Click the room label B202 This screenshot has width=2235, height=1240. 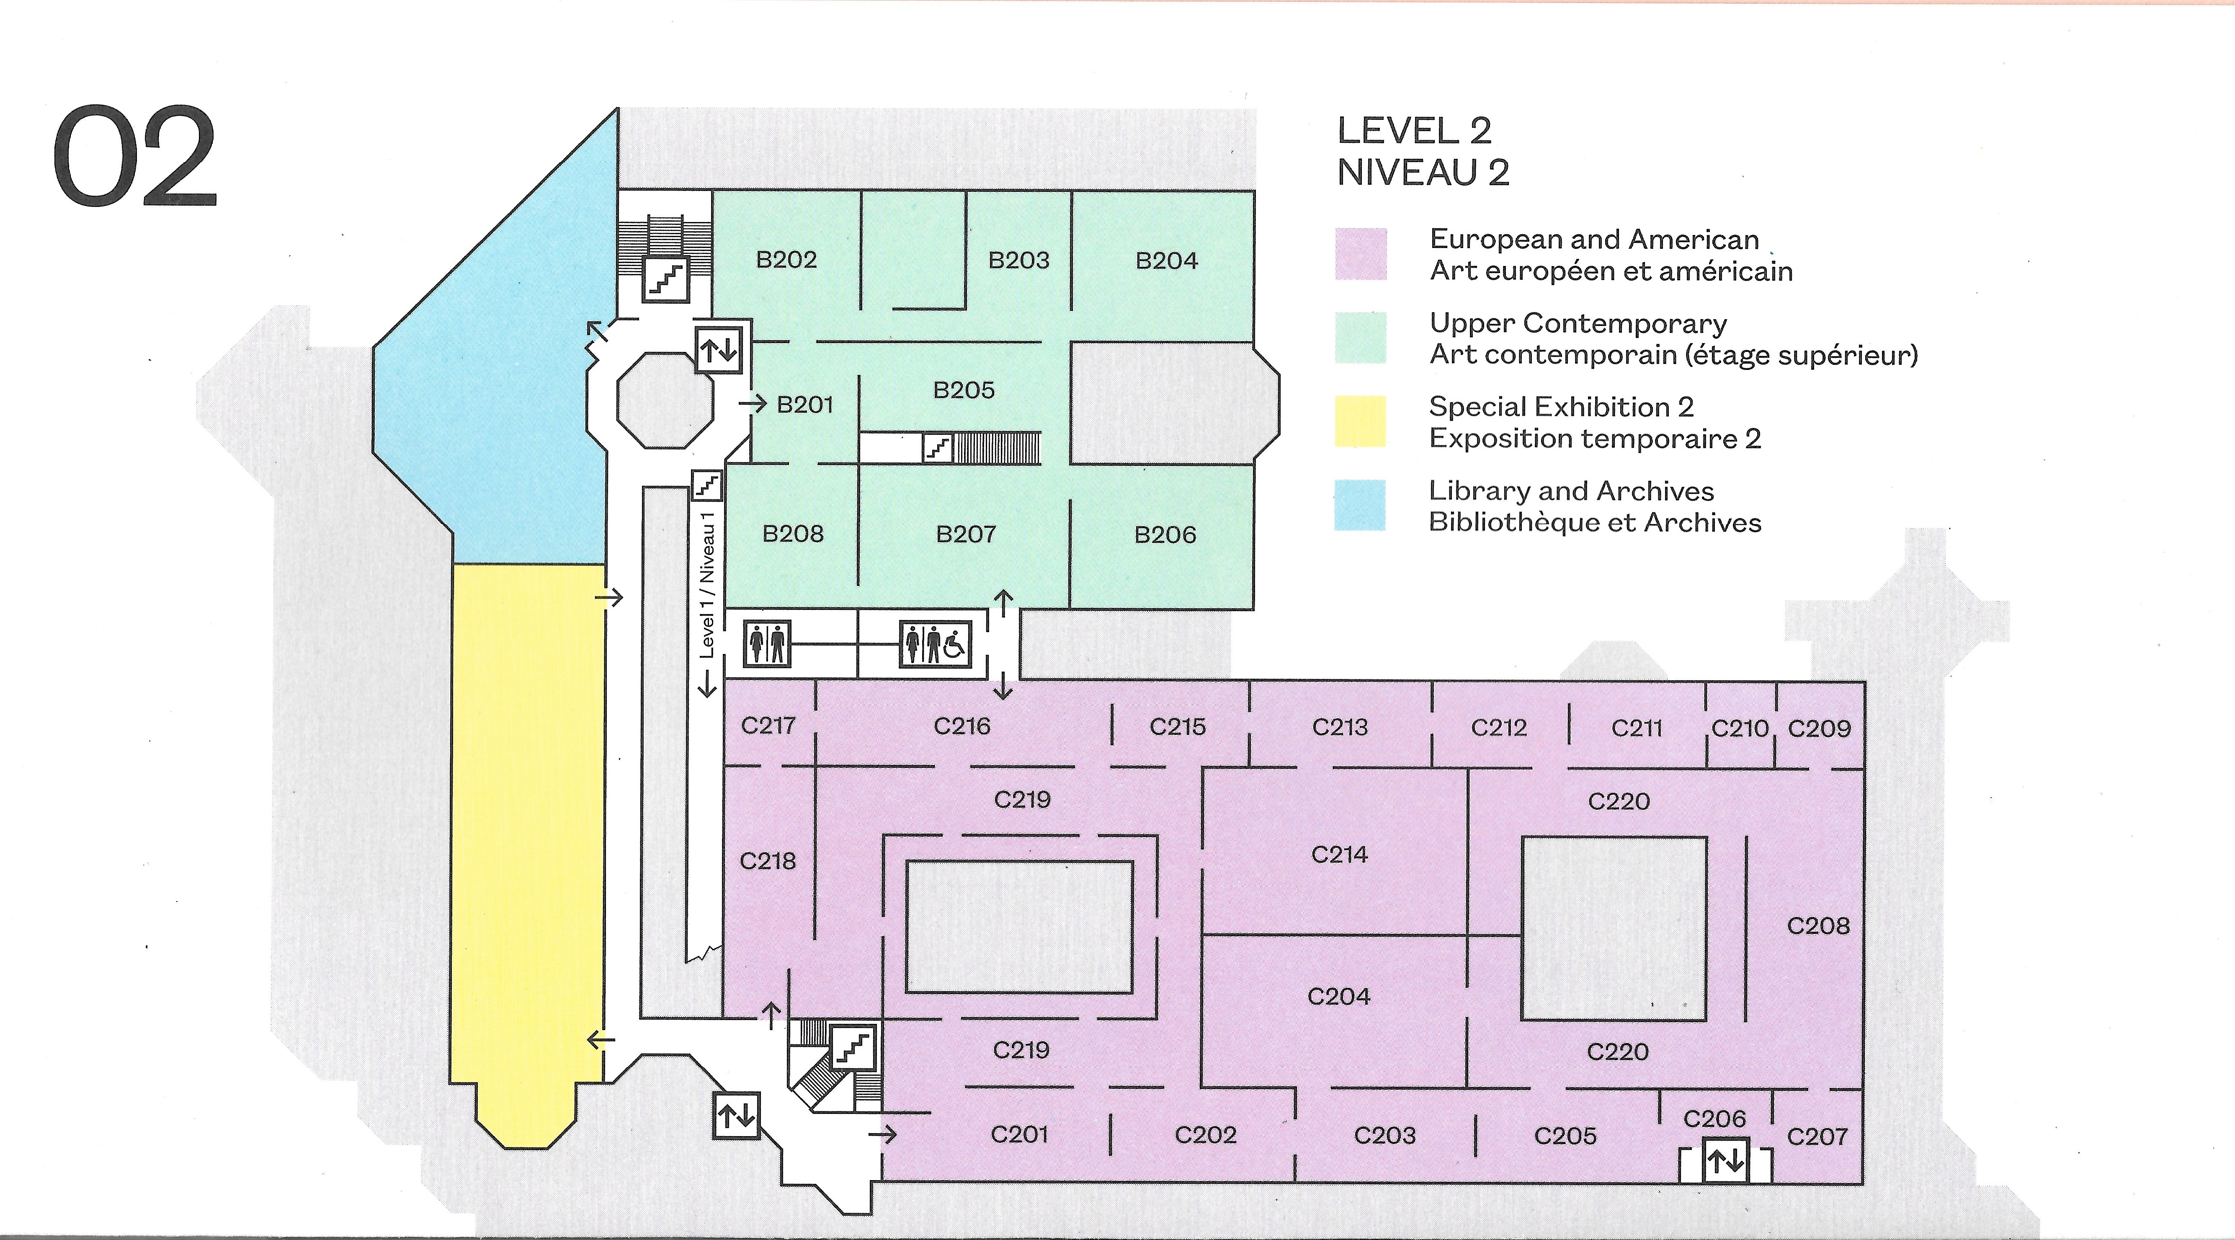coord(786,259)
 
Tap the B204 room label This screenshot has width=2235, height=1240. coord(1166,260)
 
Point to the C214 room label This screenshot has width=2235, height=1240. coord(1339,855)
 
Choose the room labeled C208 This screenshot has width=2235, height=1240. coord(1817,926)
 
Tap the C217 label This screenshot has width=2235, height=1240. coord(768,726)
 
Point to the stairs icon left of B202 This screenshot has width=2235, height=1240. coord(665,279)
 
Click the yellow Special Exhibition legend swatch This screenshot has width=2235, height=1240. coord(1360,422)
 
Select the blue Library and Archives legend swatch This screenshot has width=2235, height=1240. coord(1360,505)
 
